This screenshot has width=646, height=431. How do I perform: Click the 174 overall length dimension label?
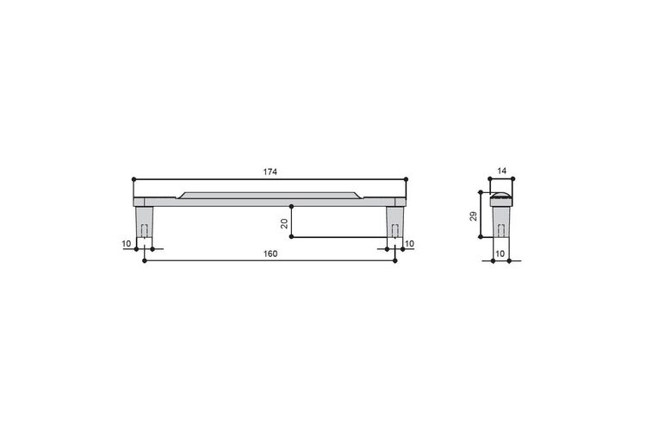pyautogui.click(x=270, y=172)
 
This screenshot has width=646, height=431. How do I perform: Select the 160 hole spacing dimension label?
pyautogui.click(x=270, y=253)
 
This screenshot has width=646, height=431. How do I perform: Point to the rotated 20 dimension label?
pyautogui.click(x=284, y=224)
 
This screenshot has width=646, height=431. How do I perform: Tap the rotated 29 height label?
pyautogui.click(x=474, y=216)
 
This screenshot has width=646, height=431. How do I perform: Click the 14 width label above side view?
pyautogui.click(x=501, y=171)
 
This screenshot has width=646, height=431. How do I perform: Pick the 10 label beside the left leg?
pyautogui.click(x=127, y=244)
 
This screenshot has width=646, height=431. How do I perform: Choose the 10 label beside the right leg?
pyautogui.click(x=409, y=244)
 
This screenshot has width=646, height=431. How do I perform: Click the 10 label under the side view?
pyautogui.click(x=500, y=253)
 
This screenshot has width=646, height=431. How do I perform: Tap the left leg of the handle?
pyautogui.click(x=144, y=222)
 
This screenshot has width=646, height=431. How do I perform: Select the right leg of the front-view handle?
pyautogui.click(x=395, y=222)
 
